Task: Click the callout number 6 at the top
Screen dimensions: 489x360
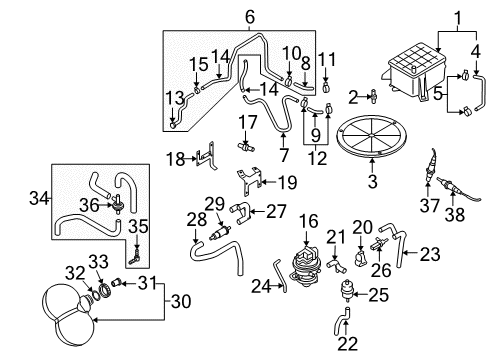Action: (250, 17)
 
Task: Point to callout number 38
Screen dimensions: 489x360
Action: (455, 214)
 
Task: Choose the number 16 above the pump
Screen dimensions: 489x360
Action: (308, 221)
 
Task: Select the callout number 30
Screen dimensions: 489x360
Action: (181, 301)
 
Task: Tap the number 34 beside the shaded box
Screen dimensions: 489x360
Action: (39, 198)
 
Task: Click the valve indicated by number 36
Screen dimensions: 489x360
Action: (117, 204)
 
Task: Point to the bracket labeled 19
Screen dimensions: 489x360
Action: (249, 181)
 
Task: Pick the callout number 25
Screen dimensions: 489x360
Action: (378, 295)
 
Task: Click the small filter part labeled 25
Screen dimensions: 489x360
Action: (347, 292)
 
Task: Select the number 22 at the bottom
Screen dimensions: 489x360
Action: (348, 344)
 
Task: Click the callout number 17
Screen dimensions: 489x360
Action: (247, 122)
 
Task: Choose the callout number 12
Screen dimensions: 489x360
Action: (317, 158)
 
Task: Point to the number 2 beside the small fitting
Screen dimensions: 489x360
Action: (353, 98)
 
